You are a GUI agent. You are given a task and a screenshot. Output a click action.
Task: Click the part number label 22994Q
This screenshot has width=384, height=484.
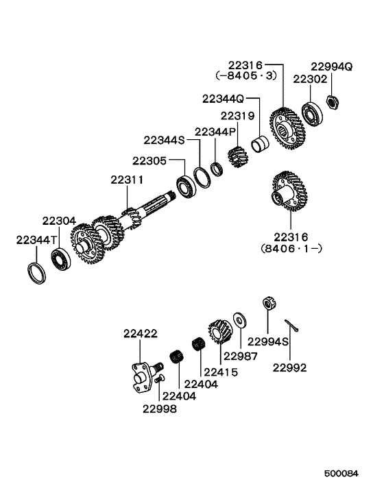(333, 66)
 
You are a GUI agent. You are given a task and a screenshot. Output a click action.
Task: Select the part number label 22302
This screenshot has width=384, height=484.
(305, 80)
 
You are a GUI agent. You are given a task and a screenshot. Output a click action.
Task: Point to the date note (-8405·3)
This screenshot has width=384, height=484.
(245, 75)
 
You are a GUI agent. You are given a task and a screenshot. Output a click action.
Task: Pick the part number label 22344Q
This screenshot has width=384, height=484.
(224, 99)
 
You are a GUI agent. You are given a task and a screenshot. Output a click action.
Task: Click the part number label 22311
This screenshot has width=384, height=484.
(127, 180)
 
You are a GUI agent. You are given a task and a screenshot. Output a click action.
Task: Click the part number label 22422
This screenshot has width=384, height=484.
(141, 334)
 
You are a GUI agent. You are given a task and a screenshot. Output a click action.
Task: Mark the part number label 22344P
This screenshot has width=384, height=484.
(215, 131)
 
